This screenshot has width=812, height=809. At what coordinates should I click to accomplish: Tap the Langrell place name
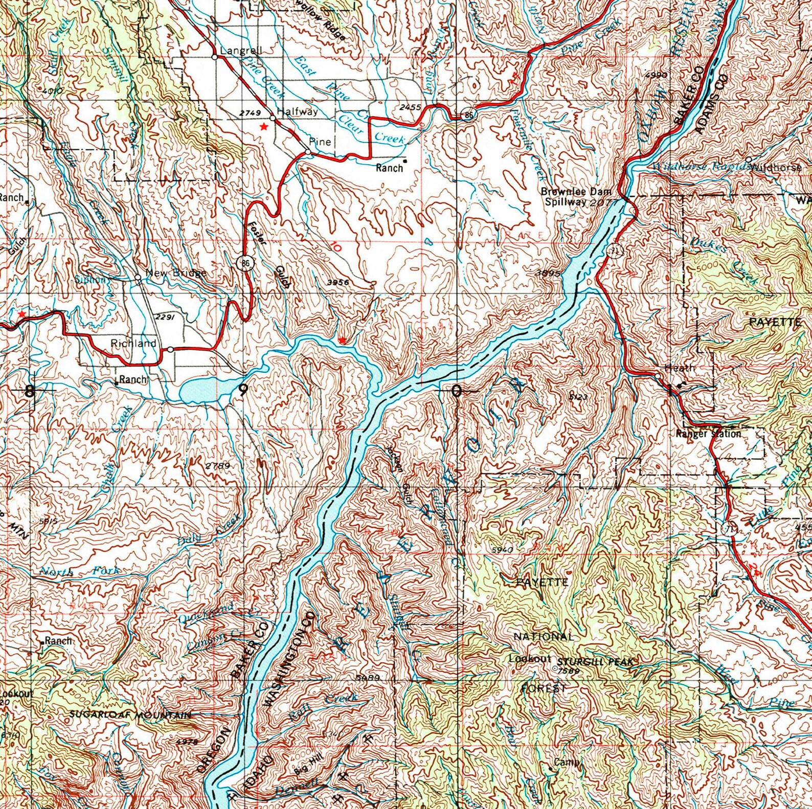(x=241, y=51)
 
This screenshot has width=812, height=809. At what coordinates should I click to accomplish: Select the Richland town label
(x=133, y=343)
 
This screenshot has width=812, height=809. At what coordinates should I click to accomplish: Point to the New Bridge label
(x=176, y=273)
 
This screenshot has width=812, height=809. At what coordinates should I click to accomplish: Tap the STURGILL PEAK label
(x=596, y=662)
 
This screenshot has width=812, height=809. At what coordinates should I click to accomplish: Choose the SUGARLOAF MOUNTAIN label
(x=130, y=715)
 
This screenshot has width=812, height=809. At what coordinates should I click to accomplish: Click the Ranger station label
(x=708, y=434)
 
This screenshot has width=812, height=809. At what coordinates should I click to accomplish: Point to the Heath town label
(x=680, y=368)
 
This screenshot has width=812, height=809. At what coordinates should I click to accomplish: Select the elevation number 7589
(x=569, y=671)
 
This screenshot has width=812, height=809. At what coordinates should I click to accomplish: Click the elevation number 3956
(x=337, y=282)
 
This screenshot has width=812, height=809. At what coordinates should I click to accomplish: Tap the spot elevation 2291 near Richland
(x=165, y=317)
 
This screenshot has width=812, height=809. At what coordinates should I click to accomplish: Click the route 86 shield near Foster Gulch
(x=246, y=263)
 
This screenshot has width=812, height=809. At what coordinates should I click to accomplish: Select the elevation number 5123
(x=578, y=396)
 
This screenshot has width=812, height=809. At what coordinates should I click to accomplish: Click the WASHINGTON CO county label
(x=289, y=660)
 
